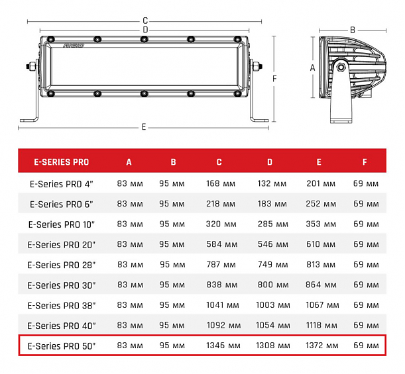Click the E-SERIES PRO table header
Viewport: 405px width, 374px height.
(62, 162)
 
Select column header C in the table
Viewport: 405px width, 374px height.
(219, 162)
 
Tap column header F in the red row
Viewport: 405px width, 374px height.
(364, 162)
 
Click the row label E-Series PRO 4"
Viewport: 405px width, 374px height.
(62, 183)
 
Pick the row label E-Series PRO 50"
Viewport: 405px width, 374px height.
(62, 346)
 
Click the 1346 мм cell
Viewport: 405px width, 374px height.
(221, 346)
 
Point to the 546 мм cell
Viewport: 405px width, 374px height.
(269, 244)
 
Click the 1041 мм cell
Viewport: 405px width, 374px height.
(221, 305)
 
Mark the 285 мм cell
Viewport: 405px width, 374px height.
(269, 224)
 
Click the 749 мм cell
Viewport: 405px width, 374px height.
(269, 265)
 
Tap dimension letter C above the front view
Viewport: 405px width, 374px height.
(145, 21)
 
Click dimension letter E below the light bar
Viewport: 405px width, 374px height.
(143, 126)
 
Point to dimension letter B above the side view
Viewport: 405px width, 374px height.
(353, 30)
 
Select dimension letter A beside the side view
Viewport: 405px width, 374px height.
(312, 68)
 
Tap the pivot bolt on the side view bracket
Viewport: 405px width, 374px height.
(341, 67)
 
